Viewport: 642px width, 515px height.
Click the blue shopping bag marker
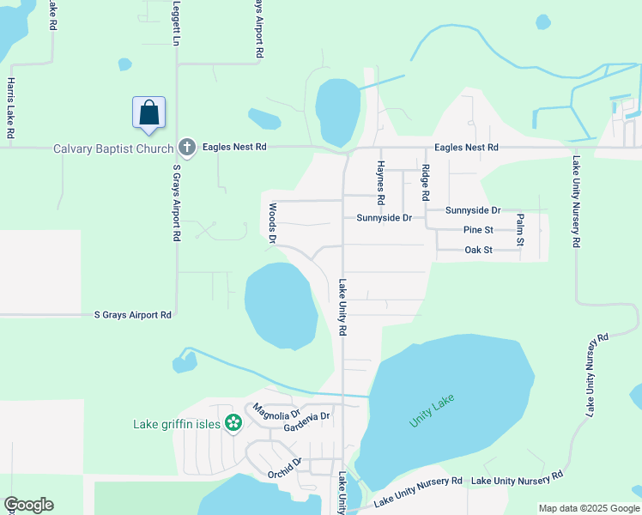(149, 113)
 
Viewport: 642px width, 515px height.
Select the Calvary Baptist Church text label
(113, 148)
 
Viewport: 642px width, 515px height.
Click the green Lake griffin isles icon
(233, 422)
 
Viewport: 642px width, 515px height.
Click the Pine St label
(478, 230)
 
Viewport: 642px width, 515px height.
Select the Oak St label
(478, 250)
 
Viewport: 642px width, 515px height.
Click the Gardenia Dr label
(308, 417)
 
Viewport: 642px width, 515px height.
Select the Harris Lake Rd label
(10, 108)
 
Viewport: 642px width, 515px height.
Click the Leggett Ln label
(177, 23)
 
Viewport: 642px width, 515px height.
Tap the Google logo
(28, 505)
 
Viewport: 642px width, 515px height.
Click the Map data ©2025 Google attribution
(589, 508)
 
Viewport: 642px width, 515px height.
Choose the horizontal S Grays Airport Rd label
(132, 315)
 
